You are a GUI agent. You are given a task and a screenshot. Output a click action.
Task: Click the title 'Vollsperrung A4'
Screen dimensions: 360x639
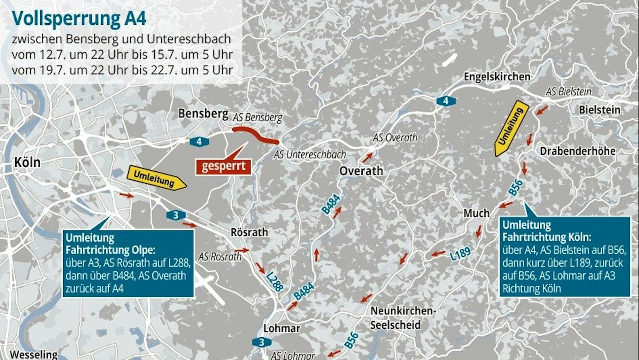(79, 18)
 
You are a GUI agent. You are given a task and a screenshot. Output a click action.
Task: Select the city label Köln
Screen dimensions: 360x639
(27, 162)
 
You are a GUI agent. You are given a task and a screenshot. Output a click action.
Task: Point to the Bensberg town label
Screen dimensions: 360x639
(203, 113)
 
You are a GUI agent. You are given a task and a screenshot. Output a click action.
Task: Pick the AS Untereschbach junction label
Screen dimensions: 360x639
(310, 155)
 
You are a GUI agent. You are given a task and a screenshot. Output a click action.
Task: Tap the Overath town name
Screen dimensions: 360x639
(361, 171)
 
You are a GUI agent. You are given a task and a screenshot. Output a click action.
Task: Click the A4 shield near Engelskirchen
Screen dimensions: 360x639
(446, 101)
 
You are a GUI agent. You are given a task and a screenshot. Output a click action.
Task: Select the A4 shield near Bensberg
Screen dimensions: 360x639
(199, 141)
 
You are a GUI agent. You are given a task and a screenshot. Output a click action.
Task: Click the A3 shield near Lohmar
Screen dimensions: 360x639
(262, 342)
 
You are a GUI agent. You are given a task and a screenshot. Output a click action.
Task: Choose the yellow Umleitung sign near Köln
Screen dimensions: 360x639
(156, 178)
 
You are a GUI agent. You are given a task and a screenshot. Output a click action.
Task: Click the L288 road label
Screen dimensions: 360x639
(274, 281)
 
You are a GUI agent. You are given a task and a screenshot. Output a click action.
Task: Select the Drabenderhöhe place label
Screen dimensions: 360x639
(578, 151)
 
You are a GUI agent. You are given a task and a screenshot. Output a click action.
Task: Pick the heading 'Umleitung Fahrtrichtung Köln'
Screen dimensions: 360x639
(546, 231)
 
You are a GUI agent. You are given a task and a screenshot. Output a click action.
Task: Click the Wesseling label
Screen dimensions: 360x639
(34, 354)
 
